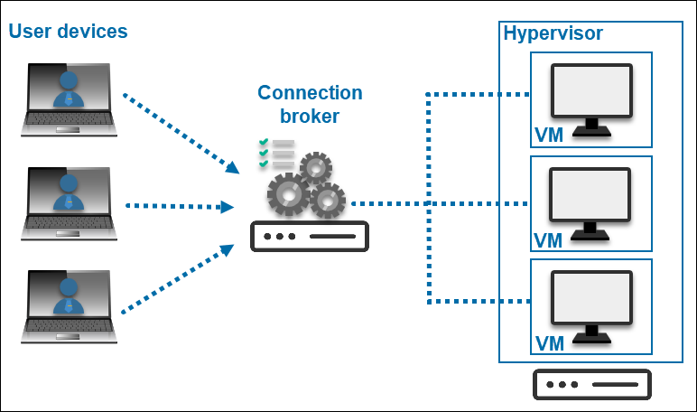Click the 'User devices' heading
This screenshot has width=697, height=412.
(69, 32)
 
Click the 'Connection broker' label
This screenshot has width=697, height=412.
(310, 104)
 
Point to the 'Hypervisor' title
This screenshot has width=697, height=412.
(553, 33)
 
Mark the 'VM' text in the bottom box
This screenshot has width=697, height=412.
(549, 343)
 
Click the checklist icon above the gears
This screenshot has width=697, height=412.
(275, 154)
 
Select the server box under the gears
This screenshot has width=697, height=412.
(310, 237)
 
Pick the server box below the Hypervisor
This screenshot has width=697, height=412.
(592, 384)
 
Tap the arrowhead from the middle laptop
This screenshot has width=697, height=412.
(227, 207)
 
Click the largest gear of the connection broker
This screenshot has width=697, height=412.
(288, 192)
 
